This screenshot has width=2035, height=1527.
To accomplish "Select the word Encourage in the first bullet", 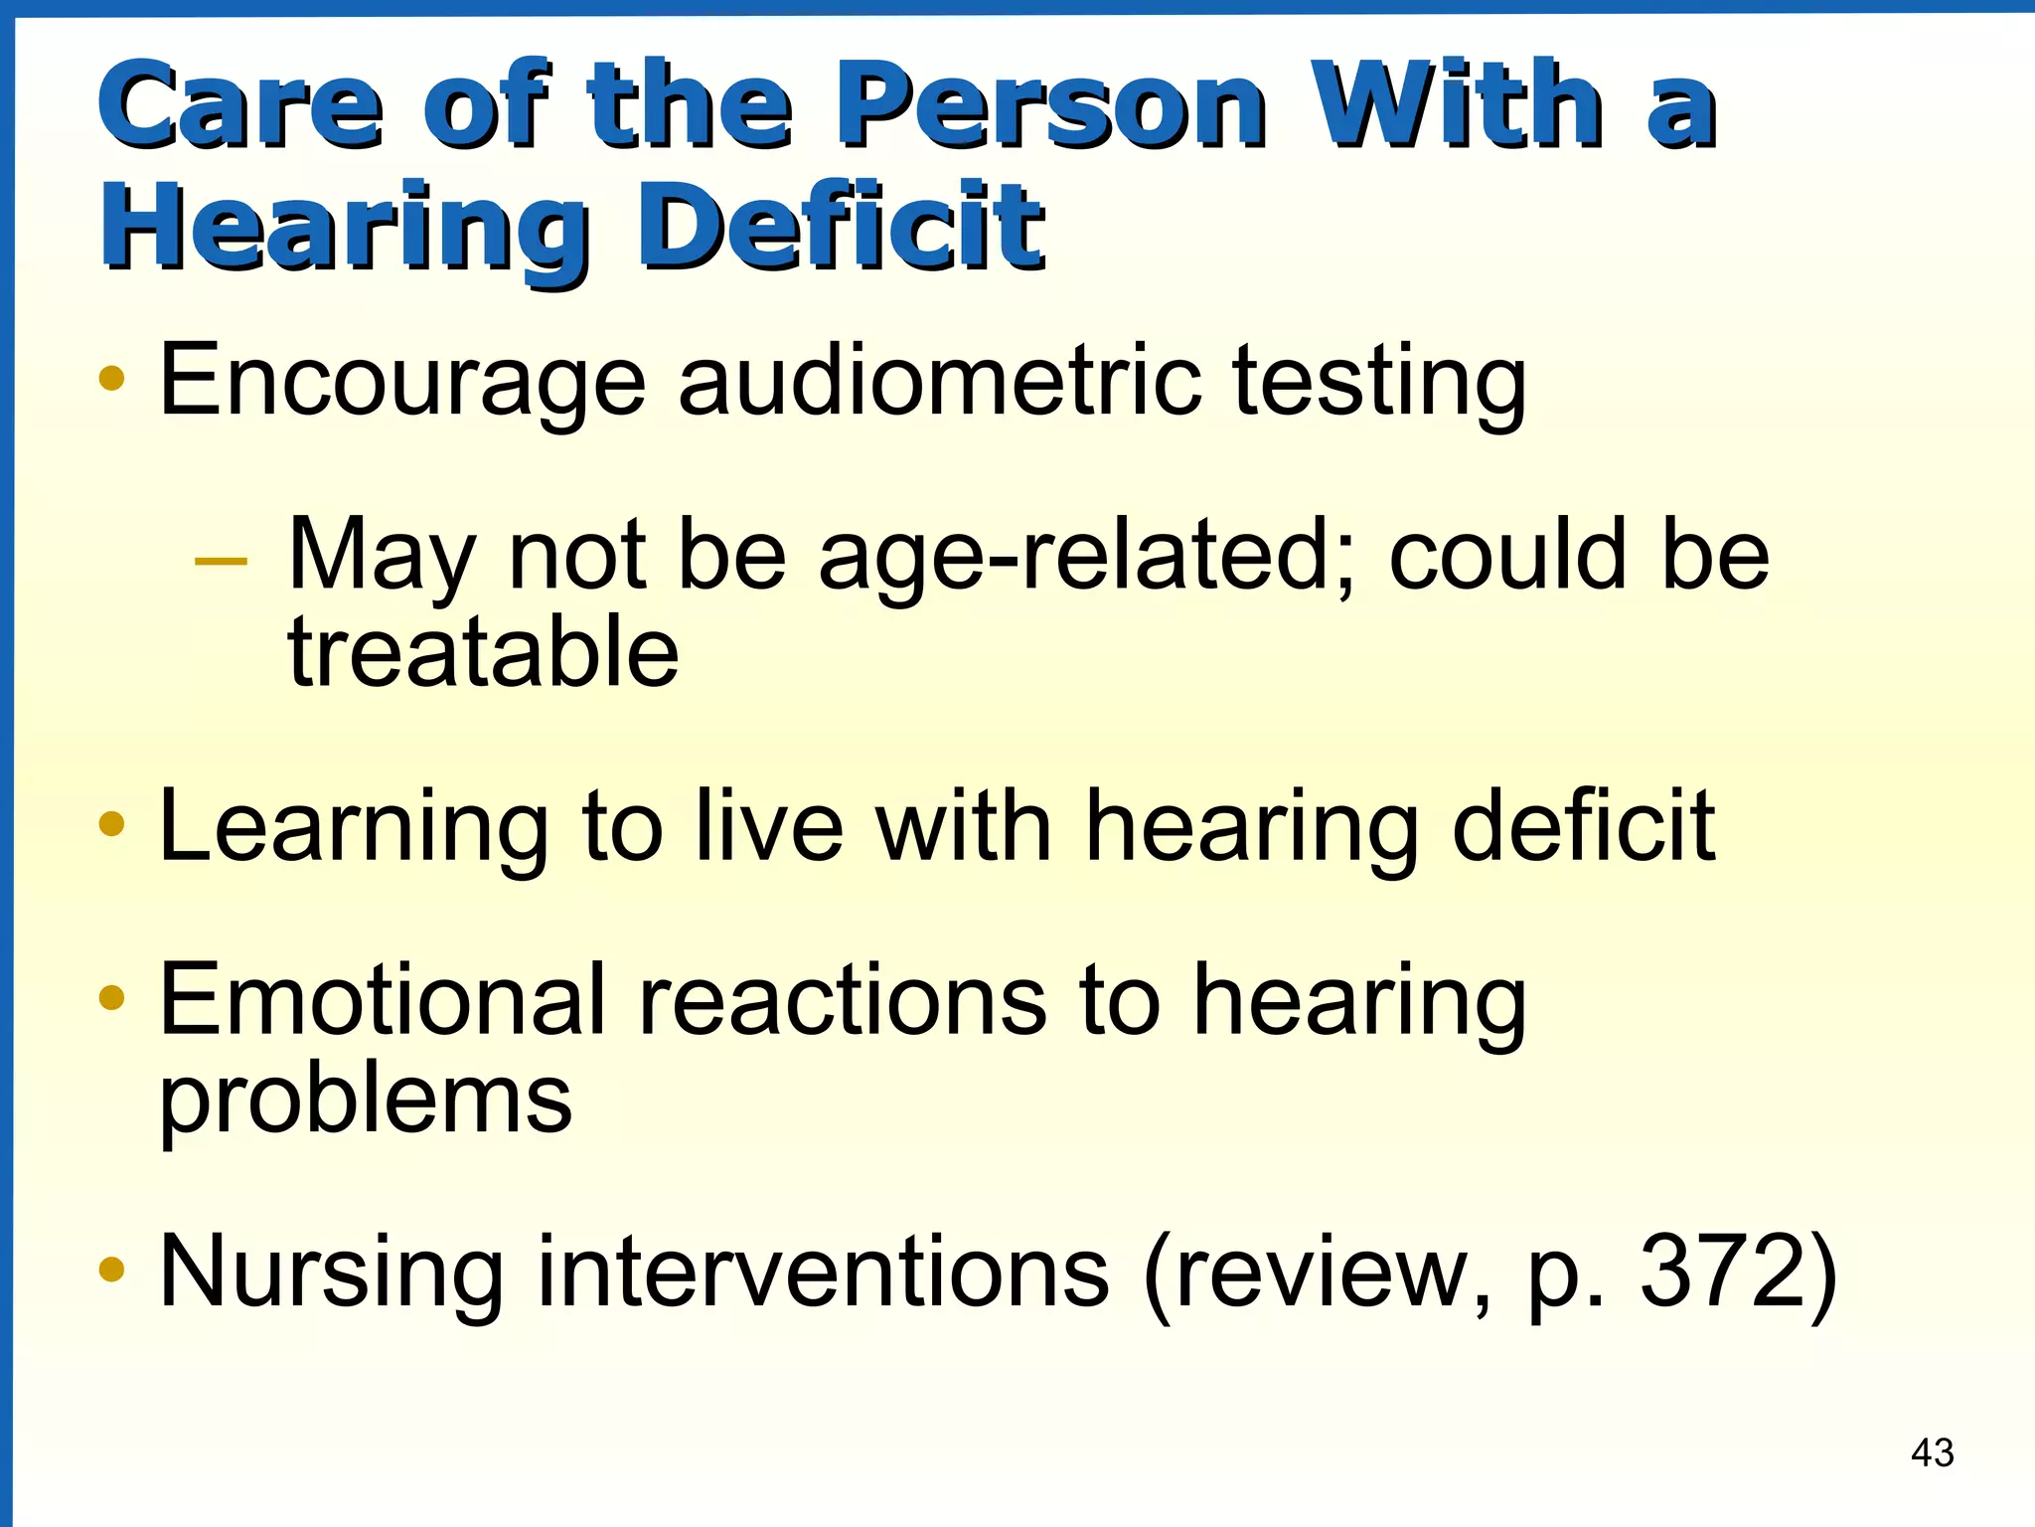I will (x=402, y=382).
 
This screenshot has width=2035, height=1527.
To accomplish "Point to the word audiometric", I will (x=939, y=380).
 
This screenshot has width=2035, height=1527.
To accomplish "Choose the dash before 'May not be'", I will (x=221, y=562).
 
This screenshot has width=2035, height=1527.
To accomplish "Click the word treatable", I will (x=483, y=652).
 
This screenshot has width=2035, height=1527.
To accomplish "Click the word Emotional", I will (x=383, y=1000).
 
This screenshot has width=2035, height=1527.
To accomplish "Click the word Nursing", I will (x=332, y=1273).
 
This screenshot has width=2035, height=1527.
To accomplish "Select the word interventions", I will (x=823, y=1272).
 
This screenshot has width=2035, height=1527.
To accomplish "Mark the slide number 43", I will (x=1933, y=1453).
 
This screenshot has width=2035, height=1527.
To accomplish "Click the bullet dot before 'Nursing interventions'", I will (x=112, y=1269).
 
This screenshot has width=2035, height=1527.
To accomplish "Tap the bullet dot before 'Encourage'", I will (x=112, y=378).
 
